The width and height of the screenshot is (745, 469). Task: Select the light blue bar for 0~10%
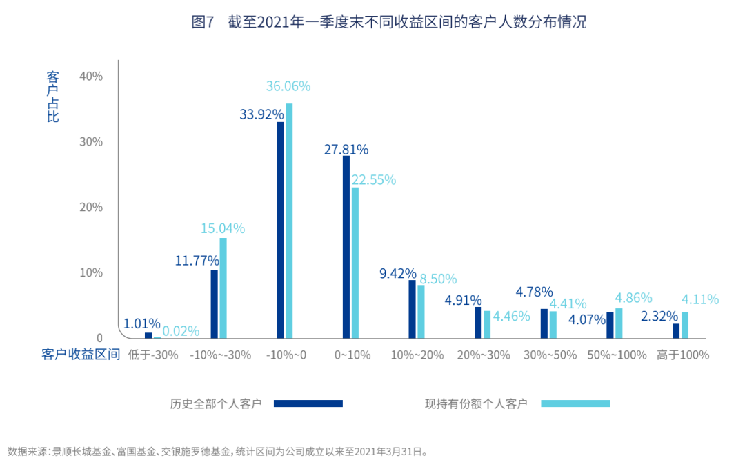click(x=355, y=263)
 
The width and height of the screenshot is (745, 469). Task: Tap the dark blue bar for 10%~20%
click(x=413, y=309)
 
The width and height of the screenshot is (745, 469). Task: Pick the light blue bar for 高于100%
click(x=685, y=325)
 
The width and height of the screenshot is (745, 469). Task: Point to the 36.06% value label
click(x=288, y=86)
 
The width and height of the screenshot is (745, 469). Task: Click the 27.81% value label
click(x=346, y=149)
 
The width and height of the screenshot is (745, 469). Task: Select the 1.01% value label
click(x=141, y=323)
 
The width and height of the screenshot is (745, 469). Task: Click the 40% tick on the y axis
click(x=91, y=76)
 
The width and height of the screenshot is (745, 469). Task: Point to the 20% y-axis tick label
click(x=91, y=207)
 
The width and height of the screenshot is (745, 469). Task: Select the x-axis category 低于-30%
click(x=153, y=355)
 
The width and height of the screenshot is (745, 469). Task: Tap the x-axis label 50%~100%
click(x=617, y=355)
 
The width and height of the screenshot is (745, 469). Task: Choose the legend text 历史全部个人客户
click(x=216, y=404)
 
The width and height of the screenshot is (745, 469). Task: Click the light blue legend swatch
click(x=575, y=404)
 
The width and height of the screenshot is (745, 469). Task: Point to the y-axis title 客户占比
click(x=52, y=96)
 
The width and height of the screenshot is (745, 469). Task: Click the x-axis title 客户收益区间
click(x=81, y=355)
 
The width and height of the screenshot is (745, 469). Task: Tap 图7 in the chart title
click(x=203, y=22)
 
